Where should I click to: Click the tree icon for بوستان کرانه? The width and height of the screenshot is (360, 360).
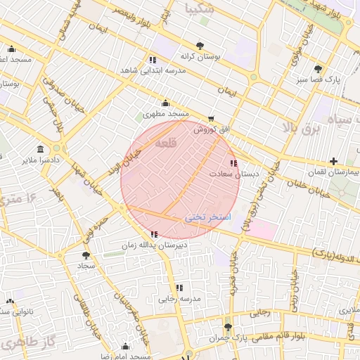pyautogui.click(x=201, y=44)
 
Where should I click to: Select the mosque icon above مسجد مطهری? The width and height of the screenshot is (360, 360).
pyautogui.click(x=166, y=103)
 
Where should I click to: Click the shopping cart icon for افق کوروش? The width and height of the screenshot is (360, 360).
pyautogui.click(x=211, y=119)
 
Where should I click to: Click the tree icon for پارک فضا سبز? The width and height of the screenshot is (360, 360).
pyautogui.click(x=319, y=69)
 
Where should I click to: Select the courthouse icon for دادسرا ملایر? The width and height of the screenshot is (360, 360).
pyautogui.click(x=40, y=150)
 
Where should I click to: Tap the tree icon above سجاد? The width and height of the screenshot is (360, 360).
pyautogui.click(x=86, y=256)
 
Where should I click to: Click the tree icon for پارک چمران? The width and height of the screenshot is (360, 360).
pyautogui.click(x=227, y=328)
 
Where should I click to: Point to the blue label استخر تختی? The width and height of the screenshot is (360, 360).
pyautogui.click(x=207, y=218)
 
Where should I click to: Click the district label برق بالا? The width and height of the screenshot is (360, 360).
pyautogui.click(x=300, y=127)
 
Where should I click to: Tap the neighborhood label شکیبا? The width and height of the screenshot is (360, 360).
pyautogui.click(x=199, y=9)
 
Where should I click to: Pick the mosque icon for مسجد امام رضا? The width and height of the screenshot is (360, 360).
pyautogui.click(x=125, y=347)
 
